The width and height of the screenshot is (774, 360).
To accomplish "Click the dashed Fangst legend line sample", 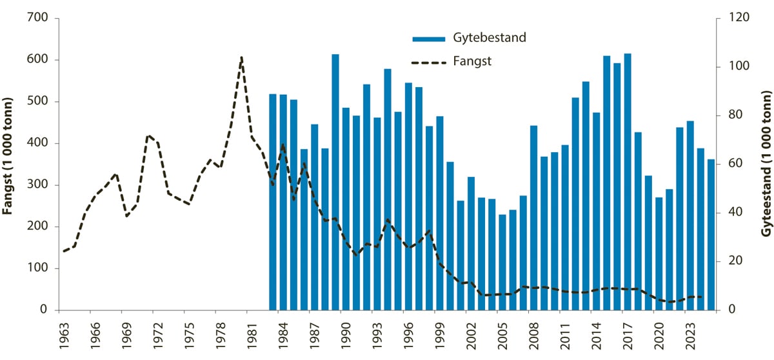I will pyautogui.click(x=429, y=63).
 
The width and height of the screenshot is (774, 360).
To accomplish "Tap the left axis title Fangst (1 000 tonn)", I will pyautogui.click(x=8, y=164).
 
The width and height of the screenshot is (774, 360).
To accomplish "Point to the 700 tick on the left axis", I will pyautogui.click(x=40, y=18).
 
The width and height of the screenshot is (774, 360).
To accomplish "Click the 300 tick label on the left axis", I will pyautogui.click(x=40, y=185).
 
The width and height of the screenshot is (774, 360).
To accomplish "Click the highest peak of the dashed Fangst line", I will pyautogui.click(x=241, y=57).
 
